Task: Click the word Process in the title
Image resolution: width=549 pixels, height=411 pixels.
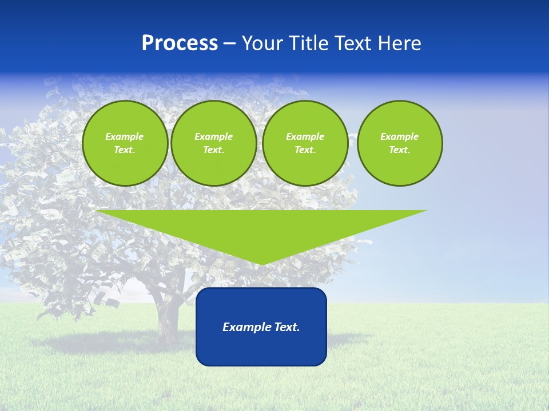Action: (180, 43)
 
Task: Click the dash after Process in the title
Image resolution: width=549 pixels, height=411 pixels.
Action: (229, 44)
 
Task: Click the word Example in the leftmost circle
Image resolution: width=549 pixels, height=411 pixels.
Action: (124, 136)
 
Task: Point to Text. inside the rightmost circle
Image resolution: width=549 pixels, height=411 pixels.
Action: (399, 150)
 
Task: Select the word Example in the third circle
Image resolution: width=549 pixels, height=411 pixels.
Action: (305, 136)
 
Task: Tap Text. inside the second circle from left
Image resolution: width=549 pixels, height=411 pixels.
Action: (213, 150)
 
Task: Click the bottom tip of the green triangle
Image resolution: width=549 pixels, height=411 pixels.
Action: (261, 263)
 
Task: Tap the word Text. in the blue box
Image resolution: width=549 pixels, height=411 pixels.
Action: (287, 327)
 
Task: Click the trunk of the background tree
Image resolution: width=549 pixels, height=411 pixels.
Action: (168, 320)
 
